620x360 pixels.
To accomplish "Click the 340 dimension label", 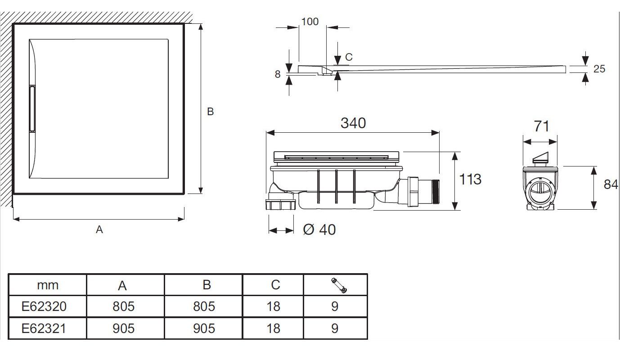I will (353, 123).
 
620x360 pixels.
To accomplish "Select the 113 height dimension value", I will (470, 179).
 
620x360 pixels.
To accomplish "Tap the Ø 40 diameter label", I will (319, 229).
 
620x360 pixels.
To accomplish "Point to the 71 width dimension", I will (541, 126).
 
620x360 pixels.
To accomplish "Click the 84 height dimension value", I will (611, 184).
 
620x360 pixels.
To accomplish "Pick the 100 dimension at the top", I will (310, 22).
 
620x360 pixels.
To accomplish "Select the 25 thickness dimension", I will (599, 69).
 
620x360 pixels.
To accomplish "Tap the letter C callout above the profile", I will (348, 57).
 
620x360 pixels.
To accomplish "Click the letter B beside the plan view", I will (210, 112).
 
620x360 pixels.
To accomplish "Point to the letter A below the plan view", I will (99, 230).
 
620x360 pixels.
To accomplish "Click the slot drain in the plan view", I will (32, 108).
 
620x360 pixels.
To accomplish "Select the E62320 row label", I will (44, 307).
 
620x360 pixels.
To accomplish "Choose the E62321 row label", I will (44, 328).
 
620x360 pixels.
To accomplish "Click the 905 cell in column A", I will (123, 328).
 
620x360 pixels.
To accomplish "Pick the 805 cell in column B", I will (203, 307).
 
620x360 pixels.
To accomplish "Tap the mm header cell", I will (47, 285).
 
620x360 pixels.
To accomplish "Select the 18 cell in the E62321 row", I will (273, 328).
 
